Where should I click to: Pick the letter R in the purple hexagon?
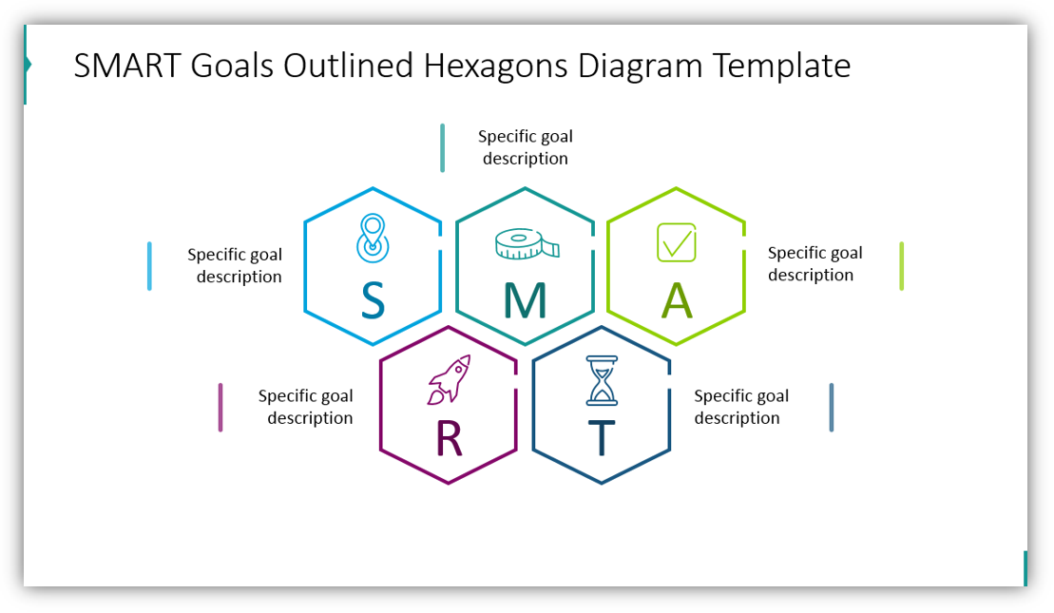click(449, 438)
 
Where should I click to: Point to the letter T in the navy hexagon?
click(601, 438)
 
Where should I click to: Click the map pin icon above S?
click(373, 238)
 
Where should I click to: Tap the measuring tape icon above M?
click(527, 244)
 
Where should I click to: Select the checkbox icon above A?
click(677, 242)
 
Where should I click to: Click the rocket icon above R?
click(450, 379)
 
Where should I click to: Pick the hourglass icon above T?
click(601, 380)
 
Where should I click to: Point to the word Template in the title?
click(781, 67)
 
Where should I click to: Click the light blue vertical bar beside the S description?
click(149, 266)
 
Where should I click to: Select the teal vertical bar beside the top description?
click(442, 147)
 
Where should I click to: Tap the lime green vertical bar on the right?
click(901, 266)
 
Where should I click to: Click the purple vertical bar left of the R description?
click(220, 407)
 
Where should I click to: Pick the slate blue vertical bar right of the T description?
click(831, 407)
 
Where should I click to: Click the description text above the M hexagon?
click(526, 147)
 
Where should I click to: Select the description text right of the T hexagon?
click(740, 407)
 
